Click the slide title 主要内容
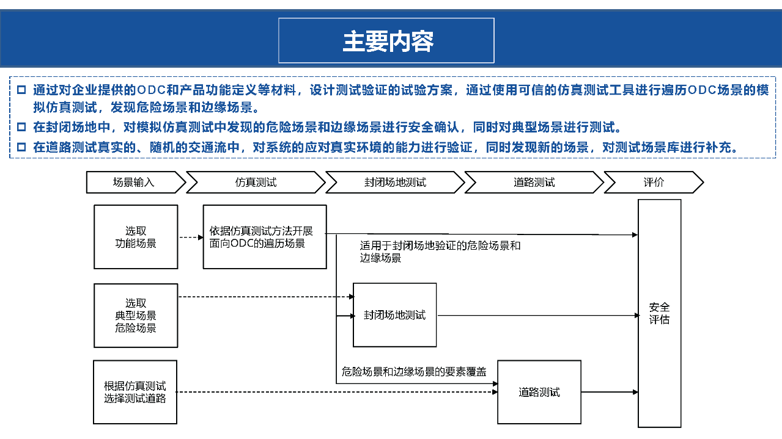tap(386, 41)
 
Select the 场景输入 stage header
tap(135, 183)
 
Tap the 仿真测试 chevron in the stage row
tap(256, 183)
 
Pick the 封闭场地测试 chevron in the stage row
tap(394, 183)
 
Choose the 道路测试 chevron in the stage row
tap(534, 183)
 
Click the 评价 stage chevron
tap(653, 183)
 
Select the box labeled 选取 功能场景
tap(136, 237)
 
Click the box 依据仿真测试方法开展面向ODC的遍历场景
tap(264, 237)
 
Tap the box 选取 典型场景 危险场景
tap(136, 315)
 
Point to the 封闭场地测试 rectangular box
tap(395, 315)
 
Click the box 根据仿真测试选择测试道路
tap(135, 392)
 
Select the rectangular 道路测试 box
tap(539, 392)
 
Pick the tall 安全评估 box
tap(659, 313)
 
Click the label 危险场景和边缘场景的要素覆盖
tap(414, 371)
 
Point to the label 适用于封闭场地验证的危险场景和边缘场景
tap(440, 252)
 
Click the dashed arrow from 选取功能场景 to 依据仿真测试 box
tap(190, 237)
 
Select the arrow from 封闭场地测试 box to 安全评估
tap(538, 316)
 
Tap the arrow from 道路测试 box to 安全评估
tap(609, 392)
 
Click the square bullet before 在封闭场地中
tap(21, 128)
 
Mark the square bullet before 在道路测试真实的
tap(21, 147)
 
